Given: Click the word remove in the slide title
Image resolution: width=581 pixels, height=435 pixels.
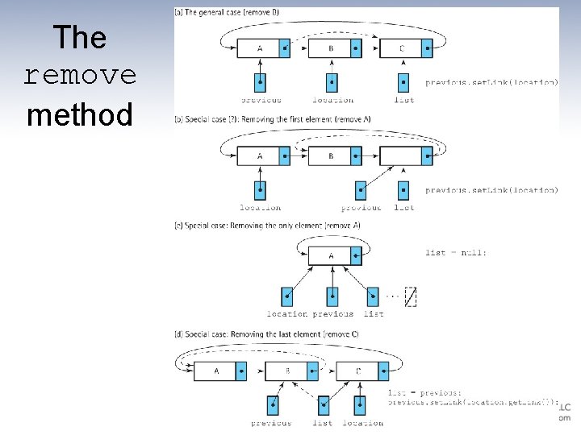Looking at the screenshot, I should tap(80, 76).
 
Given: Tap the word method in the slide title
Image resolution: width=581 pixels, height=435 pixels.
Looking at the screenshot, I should tap(79, 115).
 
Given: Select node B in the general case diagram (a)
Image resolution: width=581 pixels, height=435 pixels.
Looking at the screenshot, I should tap(330, 48).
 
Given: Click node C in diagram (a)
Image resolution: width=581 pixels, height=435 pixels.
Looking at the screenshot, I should tap(401, 48).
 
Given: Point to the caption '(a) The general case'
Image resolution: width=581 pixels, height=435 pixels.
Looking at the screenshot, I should tap(228, 12).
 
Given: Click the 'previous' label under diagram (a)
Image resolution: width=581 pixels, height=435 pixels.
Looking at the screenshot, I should tap(261, 101).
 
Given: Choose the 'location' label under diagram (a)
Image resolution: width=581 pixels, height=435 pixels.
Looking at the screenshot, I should tap(332, 101).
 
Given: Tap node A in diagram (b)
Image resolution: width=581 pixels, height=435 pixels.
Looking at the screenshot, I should tap(259, 155).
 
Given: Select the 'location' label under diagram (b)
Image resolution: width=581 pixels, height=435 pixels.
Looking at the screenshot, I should tap(260, 208).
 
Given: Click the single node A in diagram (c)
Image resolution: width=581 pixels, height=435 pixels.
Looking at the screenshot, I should tap(331, 256).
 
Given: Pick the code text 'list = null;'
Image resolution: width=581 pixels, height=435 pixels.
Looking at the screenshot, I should tap(456, 253).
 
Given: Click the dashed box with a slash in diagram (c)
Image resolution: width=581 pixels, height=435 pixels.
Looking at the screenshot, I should tap(410, 297).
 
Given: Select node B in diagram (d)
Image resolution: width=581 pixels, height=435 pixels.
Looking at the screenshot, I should tap(287, 371).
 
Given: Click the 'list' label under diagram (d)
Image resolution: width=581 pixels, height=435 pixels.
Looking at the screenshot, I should tap(322, 423).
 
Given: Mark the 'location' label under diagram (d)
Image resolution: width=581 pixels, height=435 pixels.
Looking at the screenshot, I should tap(362, 423).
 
